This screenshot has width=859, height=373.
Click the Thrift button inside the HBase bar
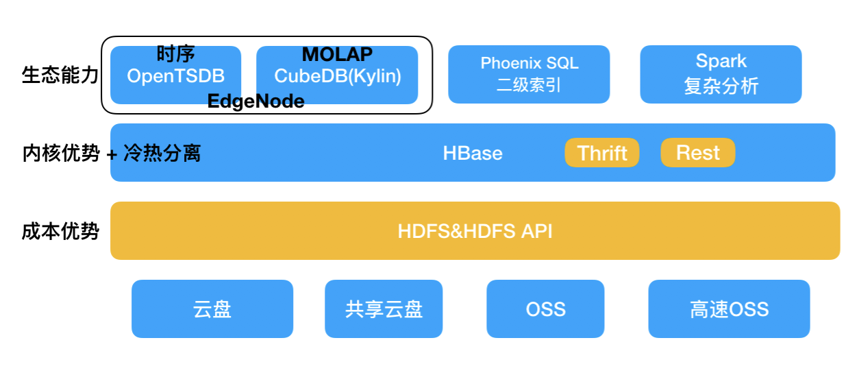tap(602, 153)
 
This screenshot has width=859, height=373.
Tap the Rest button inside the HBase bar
tap(698, 153)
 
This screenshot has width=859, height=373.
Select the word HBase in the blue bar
tap(473, 153)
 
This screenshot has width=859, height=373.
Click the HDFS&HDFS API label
tap(475, 231)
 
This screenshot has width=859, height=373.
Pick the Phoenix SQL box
tap(529, 75)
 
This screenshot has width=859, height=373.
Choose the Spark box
tap(721, 75)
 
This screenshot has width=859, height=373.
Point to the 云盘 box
tap(212, 309)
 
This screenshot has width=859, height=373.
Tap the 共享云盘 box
tap(384, 309)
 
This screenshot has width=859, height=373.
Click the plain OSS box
tap(545, 309)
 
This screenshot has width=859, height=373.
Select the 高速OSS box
tap(729, 309)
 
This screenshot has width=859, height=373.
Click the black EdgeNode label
tap(256, 101)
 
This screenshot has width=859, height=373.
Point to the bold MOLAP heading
tap(337, 54)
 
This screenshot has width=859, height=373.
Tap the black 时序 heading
tap(175, 53)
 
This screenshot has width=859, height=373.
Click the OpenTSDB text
tap(175, 76)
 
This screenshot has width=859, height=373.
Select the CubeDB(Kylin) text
tap(338, 76)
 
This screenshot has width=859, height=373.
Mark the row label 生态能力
tap(60, 75)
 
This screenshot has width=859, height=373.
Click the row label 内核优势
tap(61, 153)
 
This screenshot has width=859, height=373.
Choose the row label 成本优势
tap(60, 231)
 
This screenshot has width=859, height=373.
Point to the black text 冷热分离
tap(162, 153)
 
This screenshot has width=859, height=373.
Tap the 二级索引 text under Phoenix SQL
tap(529, 85)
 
